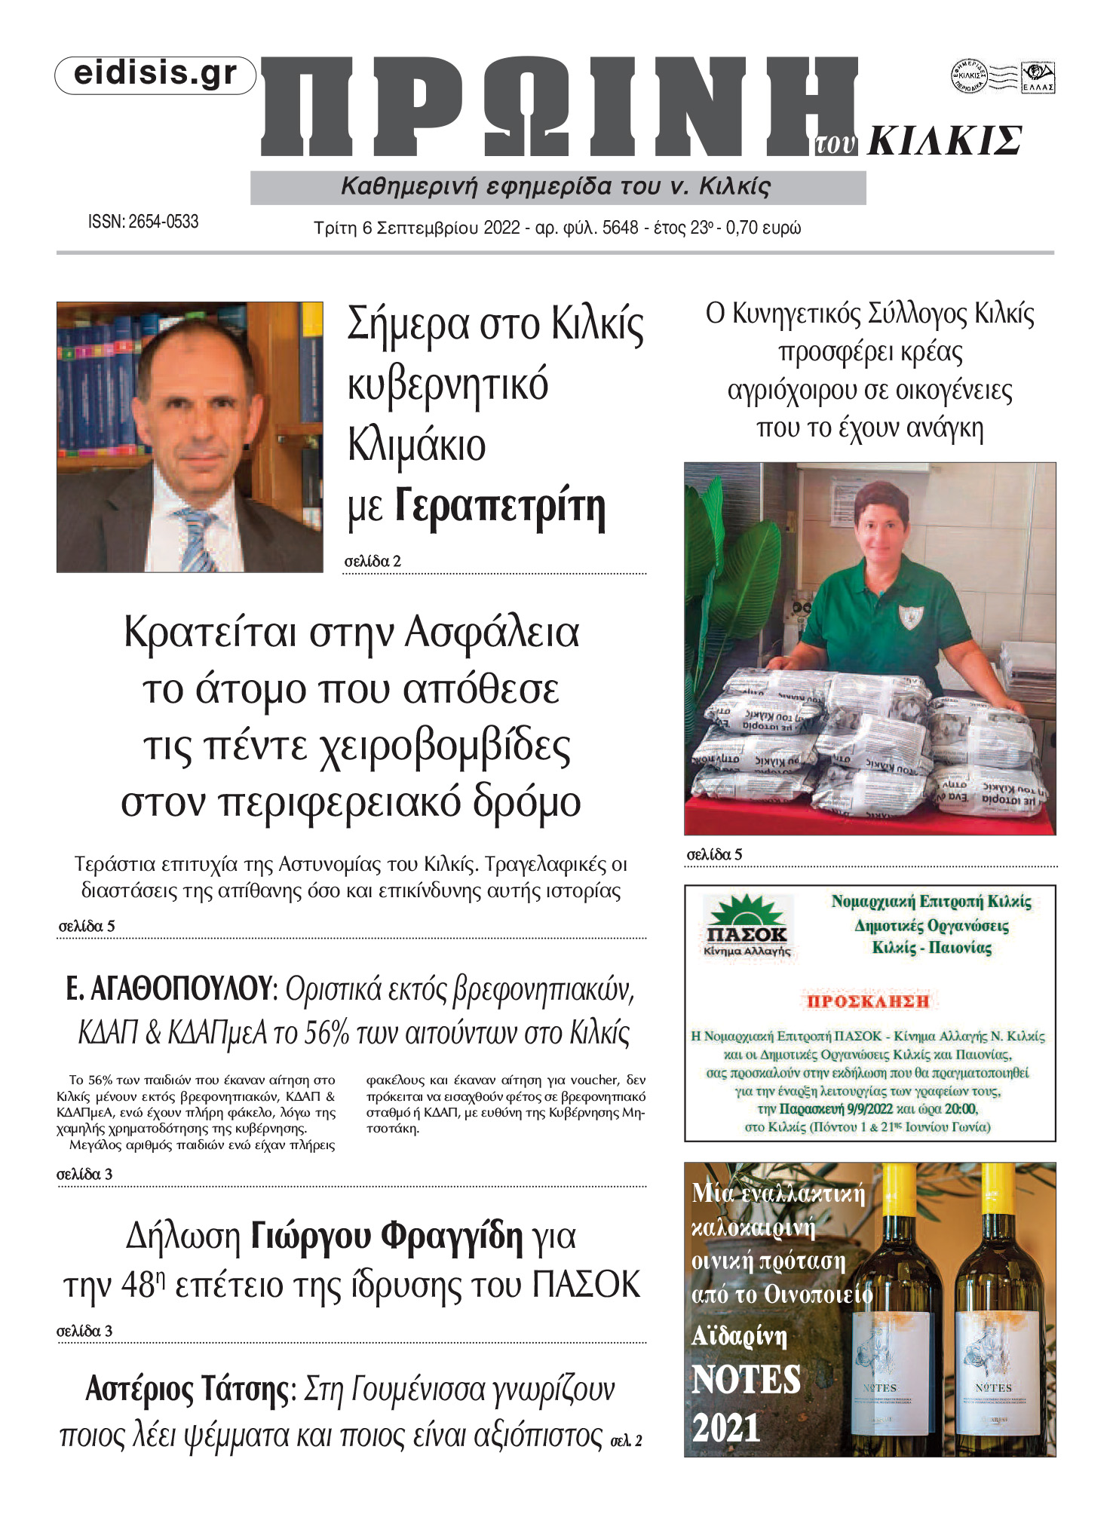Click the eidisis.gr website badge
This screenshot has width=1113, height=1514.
[155, 75]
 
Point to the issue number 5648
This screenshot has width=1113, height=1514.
[620, 228]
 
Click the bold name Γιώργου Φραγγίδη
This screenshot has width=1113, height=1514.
[387, 1237]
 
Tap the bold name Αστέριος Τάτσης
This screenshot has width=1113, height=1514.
[187, 1389]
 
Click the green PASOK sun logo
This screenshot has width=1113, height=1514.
[745, 911]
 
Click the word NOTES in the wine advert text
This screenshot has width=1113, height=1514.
[747, 1381]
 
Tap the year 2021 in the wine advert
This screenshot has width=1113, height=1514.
[726, 1428]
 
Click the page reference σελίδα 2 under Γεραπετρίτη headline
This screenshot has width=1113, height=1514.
[373, 562]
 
